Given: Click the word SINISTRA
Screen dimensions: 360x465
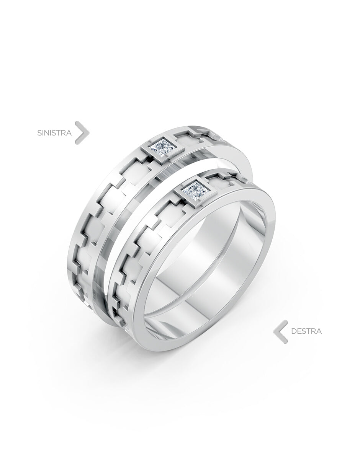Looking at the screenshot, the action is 54,133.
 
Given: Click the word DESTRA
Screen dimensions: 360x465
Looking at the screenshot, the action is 306,331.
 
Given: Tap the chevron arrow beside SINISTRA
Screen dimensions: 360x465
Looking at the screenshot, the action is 82,132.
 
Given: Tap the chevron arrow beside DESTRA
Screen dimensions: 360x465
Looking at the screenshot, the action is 280,331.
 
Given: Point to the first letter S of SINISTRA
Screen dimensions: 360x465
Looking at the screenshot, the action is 39,133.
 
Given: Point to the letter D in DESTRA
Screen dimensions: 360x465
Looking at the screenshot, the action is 294,331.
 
